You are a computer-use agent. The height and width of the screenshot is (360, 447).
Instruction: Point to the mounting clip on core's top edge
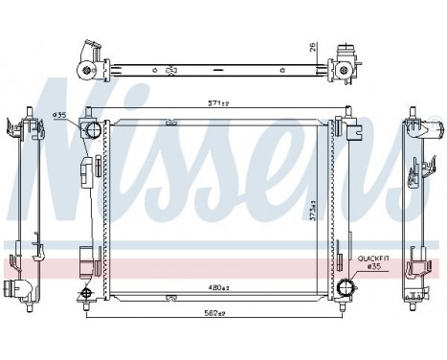(171, 123)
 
